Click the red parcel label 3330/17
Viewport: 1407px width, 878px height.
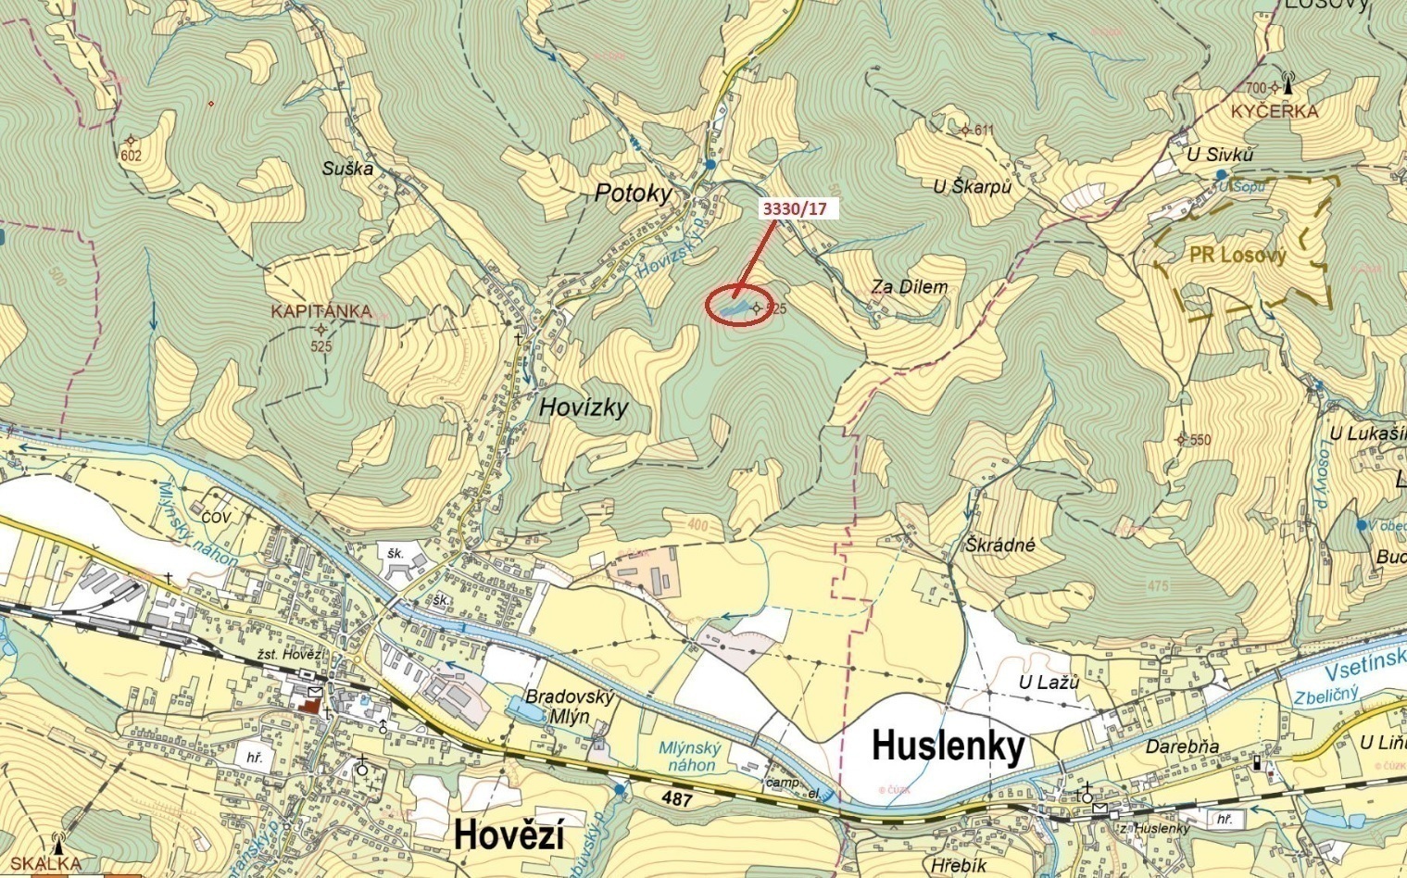tap(794, 208)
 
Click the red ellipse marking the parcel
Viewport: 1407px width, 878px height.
tap(738, 307)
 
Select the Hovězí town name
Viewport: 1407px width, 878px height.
tap(509, 836)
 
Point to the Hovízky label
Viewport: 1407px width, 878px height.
tap(584, 407)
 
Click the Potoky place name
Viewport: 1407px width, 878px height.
tap(633, 193)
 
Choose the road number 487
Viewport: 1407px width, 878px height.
tap(677, 798)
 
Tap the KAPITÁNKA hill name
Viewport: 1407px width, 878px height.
tap(321, 311)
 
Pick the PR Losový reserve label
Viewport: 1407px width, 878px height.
tap(1238, 256)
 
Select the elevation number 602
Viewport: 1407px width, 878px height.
tap(131, 156)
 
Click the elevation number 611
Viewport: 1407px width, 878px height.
tap(983, 131)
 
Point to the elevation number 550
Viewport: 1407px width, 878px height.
tap(1200, 440)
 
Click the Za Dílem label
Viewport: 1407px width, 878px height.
tap(909, 287)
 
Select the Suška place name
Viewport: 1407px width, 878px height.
tap(347, 169)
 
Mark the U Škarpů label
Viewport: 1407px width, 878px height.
tap(972, 186)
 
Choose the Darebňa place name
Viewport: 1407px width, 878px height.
tap(1183, 746)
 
